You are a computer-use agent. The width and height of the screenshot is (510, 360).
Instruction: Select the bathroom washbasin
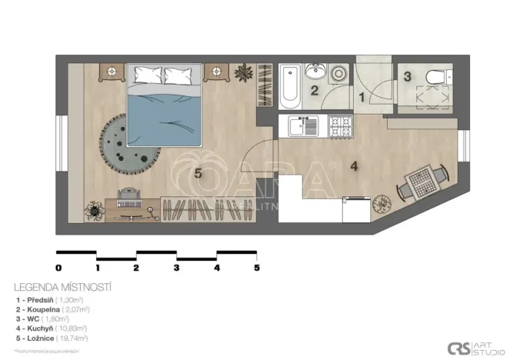315,72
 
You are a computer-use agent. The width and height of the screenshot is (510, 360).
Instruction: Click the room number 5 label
199,174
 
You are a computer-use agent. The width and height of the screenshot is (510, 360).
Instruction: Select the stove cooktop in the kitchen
340,125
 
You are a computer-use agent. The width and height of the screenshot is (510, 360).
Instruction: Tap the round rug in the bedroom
126,144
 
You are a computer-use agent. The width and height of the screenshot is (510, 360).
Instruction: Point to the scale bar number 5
257,268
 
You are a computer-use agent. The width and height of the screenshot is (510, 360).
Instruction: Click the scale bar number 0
58,268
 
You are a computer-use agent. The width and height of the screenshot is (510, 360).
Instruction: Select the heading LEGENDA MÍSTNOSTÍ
62,287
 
